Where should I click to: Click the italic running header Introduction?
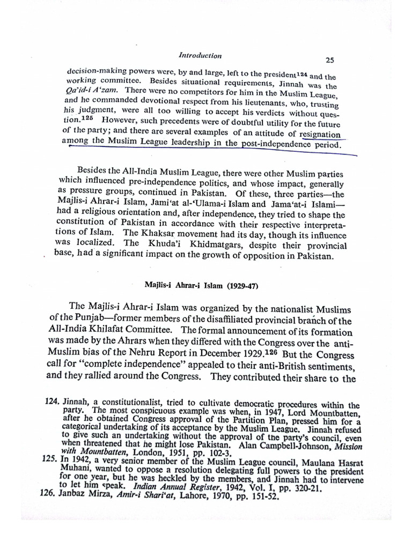click(x=200, y=55)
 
